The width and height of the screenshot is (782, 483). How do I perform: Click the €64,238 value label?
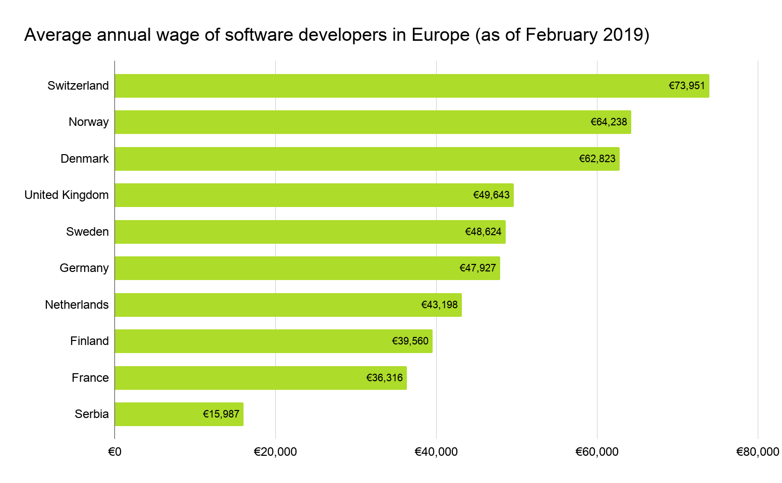point(609,122)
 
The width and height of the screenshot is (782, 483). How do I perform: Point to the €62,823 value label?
point(597,159)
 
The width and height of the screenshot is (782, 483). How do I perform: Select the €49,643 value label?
point(491,195)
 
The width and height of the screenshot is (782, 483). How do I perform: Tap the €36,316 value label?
point(384,378)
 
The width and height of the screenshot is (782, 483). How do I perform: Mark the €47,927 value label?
point(477,268)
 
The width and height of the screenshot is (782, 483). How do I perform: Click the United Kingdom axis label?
point(67,195)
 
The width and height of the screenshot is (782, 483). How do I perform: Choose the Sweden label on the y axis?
point(87,232)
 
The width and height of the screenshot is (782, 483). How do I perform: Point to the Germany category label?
point(84,268)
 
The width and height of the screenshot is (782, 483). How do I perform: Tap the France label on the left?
point(90,378)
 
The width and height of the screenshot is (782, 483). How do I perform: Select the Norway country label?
point(89,122)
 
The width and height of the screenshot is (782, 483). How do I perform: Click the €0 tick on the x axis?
point(115,452)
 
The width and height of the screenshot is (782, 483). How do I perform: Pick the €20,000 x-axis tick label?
point(275,452)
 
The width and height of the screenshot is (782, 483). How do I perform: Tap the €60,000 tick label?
point(597,452)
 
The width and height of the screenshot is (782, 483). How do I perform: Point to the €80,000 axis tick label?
point(757,452)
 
